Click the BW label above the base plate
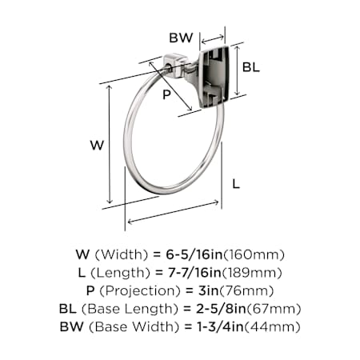[181, 38]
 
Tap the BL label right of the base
[250, 66]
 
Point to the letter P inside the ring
[166, 94]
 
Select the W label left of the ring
[97, 146]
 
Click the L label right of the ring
[236, 184]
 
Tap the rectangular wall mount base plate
[214, 77]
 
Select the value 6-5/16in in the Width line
[194, 254]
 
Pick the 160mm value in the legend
[254, 254]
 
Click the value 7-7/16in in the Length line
[194, 273]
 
